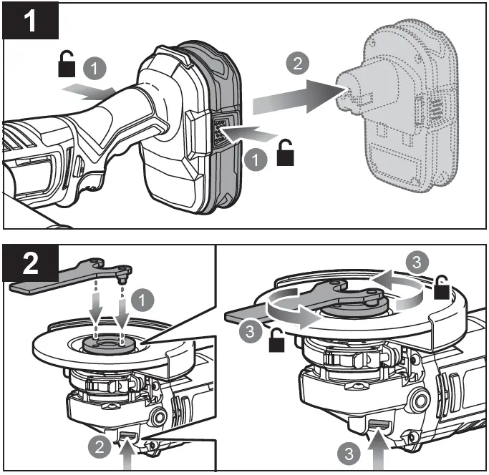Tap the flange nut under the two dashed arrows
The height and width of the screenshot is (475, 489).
110,341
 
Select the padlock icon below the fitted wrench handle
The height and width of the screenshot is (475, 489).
275,344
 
